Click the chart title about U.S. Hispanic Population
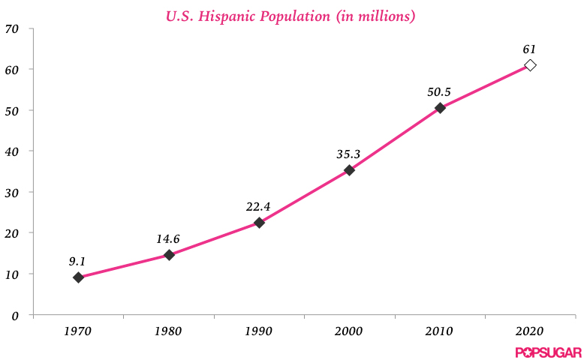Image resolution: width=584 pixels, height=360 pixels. coord(290,15)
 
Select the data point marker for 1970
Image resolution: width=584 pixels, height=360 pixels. coord(78,277)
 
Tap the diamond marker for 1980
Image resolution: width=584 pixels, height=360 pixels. coord(169,255)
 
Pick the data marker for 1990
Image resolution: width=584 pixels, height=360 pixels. coord(259,223)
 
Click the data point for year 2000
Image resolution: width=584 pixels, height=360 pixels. coord(349,170)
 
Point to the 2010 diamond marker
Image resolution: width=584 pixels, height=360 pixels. coord(440,108)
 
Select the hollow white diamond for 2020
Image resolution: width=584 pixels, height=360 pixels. coord(530,65)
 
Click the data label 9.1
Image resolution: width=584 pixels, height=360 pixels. coord(77,262)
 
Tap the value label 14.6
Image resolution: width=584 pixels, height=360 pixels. coord(167,239)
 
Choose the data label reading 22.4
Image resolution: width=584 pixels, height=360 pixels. coord(258,207)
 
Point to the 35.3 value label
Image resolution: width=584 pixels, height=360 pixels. coord(348,154)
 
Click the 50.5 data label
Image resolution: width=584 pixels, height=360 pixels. coord(438,92)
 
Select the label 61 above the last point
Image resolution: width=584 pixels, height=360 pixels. coord(529,49)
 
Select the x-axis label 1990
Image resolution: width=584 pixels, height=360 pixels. coord(258,331)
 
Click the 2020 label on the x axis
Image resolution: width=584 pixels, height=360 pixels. coord(529,331)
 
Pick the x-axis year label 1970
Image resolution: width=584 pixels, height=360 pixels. coord(77,331)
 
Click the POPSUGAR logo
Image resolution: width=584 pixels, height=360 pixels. coord(548,352)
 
